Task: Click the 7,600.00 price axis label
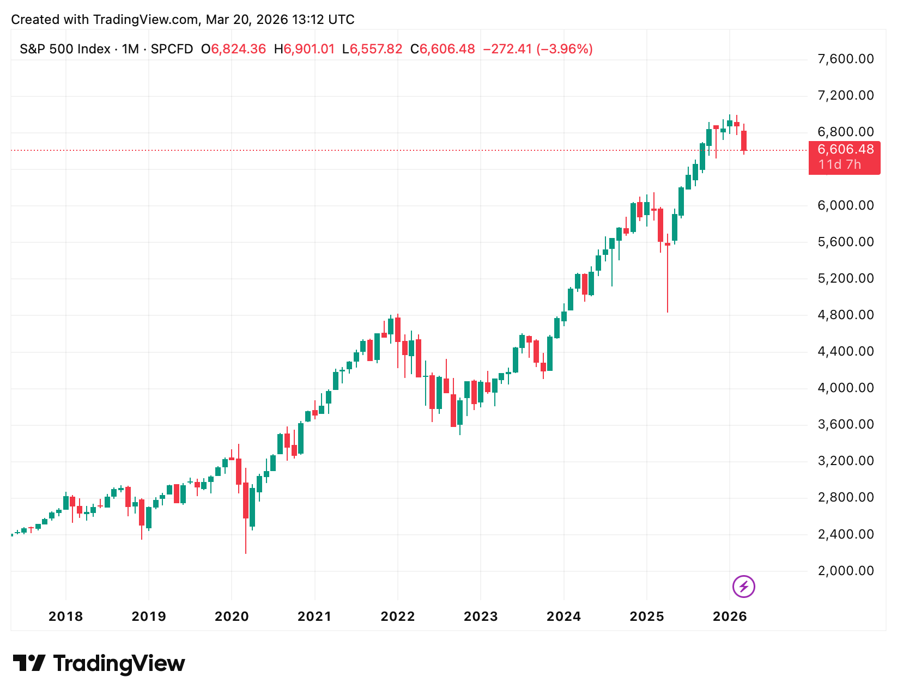pyautogui.click(x=845, y=59)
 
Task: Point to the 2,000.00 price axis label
pyautogui.click(x=845, y=571)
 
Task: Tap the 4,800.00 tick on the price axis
pyautogui.click(x=845, y=315)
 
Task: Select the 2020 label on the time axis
pyautogui.click(x=232, y=616)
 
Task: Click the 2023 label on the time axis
pyautogui.click(x=481, y=616)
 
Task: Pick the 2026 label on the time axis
pyautogui.click(x=730, y=616)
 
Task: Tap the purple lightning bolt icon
pyautogui.click(x=743, y=587)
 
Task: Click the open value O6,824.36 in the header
pyautogui.click(x=233, y=49)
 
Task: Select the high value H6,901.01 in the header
pyautogui.click(x=304, y=49)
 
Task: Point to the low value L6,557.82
pyautogui.click(x=372, y=49)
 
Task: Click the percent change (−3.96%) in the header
pyautogui.click(x=565, y=49)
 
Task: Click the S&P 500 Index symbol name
pyautogui.click(x=65, y=49)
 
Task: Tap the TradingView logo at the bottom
pyautogui.click(x=99, y=663)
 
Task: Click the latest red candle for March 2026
pyautogui.click(x=743, y=141)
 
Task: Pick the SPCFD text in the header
pyautogui.click(x=172, y=49)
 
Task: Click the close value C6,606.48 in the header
pyautogui.click(x=443, y=49)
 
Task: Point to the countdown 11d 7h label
pyautogui.click(x=839, y=164)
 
